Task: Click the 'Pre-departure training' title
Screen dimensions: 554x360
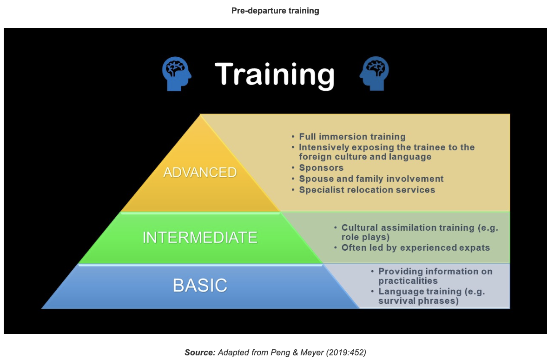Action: (275, 11)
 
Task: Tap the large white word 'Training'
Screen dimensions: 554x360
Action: (275, 74)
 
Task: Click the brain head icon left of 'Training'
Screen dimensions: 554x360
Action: (177, 73)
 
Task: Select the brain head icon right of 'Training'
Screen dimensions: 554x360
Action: (374, 73)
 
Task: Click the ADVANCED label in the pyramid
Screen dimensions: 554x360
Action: (200, 172)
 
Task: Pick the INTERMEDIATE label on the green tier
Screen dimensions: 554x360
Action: (200, 237)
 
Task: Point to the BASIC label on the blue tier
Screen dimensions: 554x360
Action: (200, 286)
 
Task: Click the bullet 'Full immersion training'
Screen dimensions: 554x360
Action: (352, 137)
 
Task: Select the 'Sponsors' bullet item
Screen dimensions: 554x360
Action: (321, 167)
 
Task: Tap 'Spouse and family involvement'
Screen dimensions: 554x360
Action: (371, 179)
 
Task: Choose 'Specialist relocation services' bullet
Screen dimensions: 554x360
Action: (367, 190)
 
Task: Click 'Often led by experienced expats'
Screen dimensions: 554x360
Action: (415, 248)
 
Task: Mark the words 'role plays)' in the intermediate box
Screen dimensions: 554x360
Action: (365, 237)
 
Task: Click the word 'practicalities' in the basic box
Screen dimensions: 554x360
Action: (408, 281)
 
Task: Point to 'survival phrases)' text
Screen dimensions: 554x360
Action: (419, 301)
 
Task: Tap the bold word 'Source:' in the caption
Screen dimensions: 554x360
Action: (200, 353)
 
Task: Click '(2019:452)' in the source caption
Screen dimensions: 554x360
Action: (346, 353)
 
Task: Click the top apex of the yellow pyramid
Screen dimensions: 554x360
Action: (200, 114)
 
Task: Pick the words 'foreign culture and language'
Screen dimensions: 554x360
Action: (365, 157)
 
